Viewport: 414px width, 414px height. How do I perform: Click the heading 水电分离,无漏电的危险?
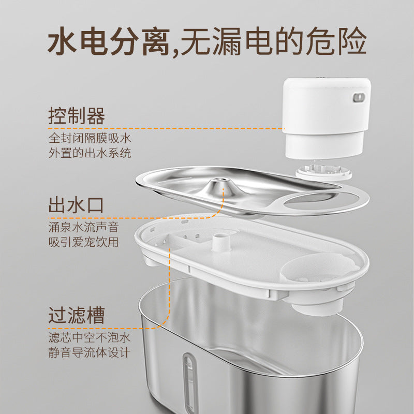207,41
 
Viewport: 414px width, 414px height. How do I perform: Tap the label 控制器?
77,116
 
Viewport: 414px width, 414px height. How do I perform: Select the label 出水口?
76,205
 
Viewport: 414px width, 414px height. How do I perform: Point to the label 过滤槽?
77,315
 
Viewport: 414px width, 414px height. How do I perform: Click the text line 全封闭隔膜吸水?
90,138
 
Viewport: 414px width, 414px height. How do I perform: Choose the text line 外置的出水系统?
90,153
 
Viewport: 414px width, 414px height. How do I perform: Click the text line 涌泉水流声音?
83,227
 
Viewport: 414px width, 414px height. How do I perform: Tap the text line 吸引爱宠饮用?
83,242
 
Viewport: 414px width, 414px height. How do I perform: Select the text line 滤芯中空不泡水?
89,337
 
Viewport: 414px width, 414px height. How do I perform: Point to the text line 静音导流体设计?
89,352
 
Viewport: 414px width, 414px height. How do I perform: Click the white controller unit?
327,118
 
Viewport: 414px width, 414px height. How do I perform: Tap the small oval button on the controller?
359,97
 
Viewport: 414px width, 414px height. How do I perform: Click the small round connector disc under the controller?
323,172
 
